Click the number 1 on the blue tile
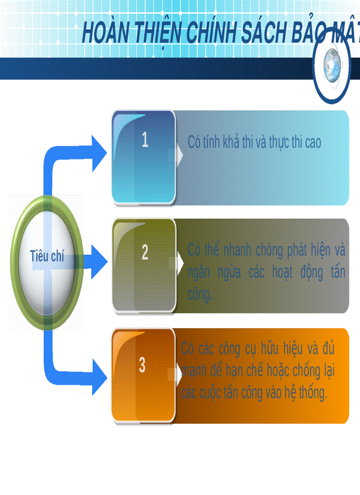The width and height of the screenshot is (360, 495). tap(145, 140)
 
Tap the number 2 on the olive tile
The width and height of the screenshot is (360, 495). tap(145, 253)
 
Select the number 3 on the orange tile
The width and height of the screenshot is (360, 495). tap(142, 365)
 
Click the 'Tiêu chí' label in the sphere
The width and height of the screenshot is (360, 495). tap(47, 256)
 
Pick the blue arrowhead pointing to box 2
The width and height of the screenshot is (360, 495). tap(98, 263)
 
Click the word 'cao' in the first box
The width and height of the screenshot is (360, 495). tap(312, 142)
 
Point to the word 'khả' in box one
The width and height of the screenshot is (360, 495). tap(232, 142)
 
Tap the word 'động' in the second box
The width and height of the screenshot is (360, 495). tap(311, 272)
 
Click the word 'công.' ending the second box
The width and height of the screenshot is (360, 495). tap(200, 295)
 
